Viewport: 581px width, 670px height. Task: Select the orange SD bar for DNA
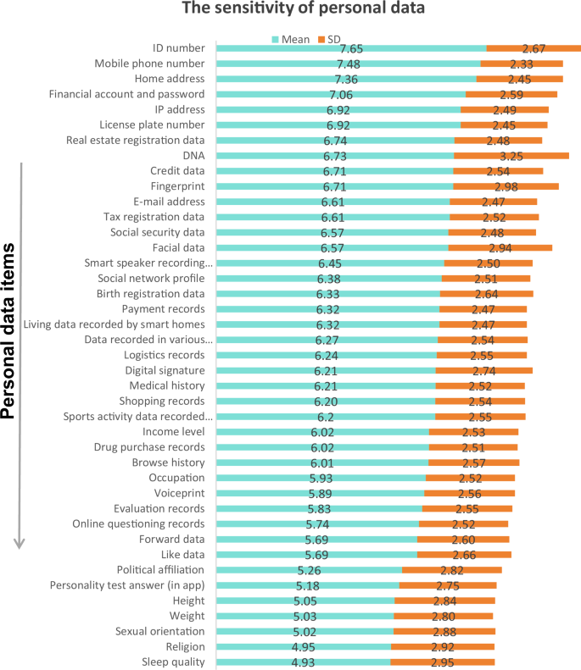point(511,156)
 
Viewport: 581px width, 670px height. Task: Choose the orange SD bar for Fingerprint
point(506,186)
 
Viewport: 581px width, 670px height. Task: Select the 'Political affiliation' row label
point(160,569)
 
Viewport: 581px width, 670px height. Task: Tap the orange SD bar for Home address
point(519,79)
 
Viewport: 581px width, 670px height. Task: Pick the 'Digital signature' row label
point(165,371)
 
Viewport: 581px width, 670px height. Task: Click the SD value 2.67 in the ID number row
point(538,49)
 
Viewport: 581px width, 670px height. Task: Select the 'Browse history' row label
point(168,462)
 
